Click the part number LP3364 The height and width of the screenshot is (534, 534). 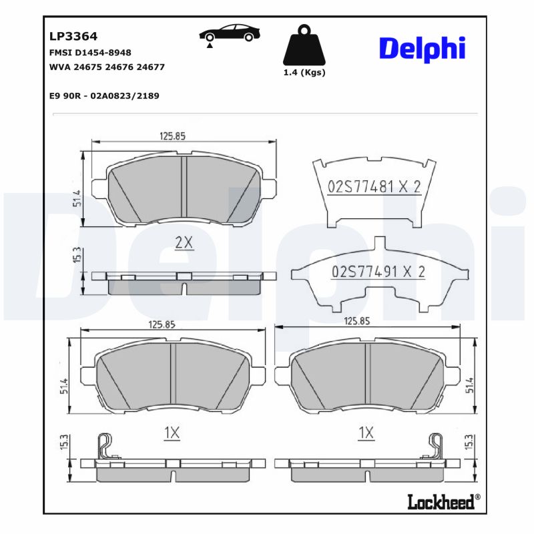click(x=69, y=37)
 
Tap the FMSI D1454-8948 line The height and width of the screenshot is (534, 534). click(x=90, y=53)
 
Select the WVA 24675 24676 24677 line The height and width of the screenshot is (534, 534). click(x=107, y=67)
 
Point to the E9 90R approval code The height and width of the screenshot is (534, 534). click(x=104, y=95)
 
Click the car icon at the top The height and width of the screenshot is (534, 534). click(x=229, y=34)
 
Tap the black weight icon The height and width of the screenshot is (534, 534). click(x=304, y=45)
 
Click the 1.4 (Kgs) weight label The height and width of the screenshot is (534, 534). click(x=304, y=73)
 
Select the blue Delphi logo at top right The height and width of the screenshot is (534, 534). click(x=422, y=48)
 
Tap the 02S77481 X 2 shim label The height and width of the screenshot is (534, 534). click(x=374, y=187)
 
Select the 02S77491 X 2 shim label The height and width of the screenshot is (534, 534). click(x=378, y=272)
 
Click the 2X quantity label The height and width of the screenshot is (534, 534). click(x=183, y=244)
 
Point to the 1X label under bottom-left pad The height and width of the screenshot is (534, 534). click(x=172, y=433)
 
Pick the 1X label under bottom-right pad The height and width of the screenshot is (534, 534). click(x=365, y=433)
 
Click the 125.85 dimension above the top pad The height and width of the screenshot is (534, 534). click(x=172, y=136)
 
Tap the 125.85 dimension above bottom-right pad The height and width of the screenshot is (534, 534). click(x=356, y=321)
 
